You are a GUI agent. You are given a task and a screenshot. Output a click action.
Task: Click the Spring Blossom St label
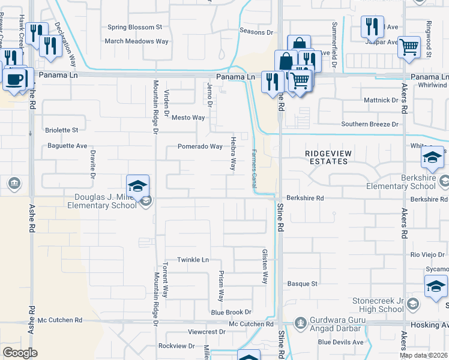coord(134,27)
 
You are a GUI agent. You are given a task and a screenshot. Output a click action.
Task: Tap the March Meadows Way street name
coord(137,41)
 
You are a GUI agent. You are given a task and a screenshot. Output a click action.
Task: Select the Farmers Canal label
coord(254,171)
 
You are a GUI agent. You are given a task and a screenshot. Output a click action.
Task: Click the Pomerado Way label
coord(200,146)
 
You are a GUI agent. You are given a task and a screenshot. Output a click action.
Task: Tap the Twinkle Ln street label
coord(192,260)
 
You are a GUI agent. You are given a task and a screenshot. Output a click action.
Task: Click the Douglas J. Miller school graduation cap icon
coord(137,184)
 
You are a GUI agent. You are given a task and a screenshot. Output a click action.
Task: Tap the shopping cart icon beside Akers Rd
coord(409,46)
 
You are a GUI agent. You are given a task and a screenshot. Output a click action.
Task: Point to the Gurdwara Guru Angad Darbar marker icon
coord(300,323)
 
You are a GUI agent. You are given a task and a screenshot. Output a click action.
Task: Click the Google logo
coord(20,353)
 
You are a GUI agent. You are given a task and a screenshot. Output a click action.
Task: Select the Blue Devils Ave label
coord(341,342)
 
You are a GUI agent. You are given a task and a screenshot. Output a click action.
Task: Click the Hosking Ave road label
coord(429,324)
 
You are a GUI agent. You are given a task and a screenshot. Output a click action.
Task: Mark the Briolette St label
coord(62,130)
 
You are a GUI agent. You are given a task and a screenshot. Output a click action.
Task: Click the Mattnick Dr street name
coord(381,100)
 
